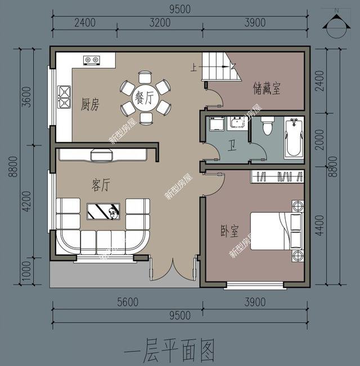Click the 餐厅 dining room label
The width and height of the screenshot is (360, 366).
145,99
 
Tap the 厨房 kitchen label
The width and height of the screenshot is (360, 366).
90,104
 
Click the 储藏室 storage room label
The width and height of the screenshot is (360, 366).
267,88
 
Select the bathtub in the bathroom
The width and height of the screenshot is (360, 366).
294,138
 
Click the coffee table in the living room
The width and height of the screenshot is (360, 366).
102,211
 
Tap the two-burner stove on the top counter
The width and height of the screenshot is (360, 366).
92,59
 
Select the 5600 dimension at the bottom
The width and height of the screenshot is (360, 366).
128,302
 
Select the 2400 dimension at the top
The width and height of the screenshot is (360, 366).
84,23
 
